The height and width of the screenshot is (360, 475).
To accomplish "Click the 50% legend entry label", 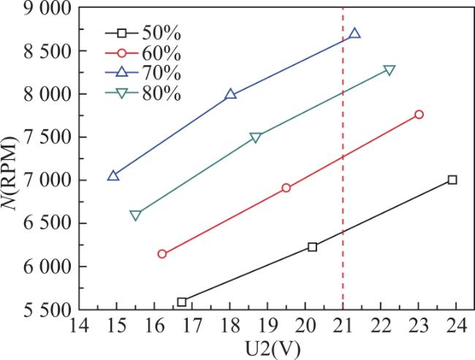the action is (x=161, y=33).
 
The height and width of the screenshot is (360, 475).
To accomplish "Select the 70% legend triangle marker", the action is (x=122, y=73).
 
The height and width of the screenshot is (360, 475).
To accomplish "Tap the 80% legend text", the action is (x=161, y=93).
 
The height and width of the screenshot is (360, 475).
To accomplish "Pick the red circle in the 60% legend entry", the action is (x=122, y=53).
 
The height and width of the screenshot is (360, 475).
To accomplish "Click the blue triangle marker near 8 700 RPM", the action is (x=354, y=34).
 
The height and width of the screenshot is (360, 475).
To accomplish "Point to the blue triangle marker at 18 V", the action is (x=230, y=94).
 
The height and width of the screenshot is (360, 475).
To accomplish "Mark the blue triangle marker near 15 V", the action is (x=113, y=175).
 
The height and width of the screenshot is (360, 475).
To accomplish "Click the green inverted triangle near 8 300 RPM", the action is (x=389, y=71).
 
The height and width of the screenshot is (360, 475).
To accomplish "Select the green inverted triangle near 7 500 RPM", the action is (x=256, y=138).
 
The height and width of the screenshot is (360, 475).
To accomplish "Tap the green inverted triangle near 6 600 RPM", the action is (x=135, y=215).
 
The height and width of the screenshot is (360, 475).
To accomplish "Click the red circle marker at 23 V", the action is (x=419, y=115).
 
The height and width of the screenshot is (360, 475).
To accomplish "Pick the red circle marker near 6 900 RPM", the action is (x=286, y=188).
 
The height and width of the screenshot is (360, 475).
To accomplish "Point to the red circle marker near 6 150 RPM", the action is (x=162, y=253).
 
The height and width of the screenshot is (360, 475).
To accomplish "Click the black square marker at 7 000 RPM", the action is (x=452, y=180).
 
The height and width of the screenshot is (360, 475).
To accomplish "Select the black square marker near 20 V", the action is (x=312, y=247).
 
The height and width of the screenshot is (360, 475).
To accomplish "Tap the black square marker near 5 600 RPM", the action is (x=181, y=302).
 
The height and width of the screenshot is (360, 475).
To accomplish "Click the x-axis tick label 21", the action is (x=343, y=326).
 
